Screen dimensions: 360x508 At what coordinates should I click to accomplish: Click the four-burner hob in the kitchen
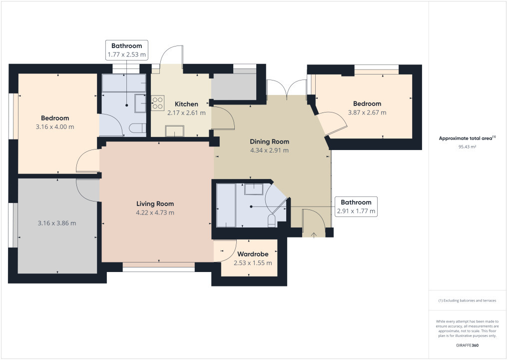click(x=158, y=102)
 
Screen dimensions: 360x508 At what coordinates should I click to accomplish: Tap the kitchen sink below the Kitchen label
click(x=174, y=130)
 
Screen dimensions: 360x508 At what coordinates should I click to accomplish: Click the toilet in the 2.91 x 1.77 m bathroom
click(x=272, y=220)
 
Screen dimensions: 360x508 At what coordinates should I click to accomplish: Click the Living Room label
click(x=155, y=203)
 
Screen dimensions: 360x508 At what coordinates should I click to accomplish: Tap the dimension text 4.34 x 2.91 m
click(x=269, y=150)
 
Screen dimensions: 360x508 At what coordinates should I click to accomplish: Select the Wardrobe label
click(x=253, y=254)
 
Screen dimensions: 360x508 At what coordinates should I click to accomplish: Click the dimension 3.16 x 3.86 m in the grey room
click(x=57, y=223)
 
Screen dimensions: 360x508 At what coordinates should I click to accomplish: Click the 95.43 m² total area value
click(x=467, y=147)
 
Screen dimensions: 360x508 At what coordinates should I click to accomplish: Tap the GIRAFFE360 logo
click(x=467, y=345)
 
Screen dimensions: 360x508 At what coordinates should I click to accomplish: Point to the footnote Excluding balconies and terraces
click(x=467, y=300)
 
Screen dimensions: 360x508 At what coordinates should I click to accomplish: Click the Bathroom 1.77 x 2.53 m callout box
click(x=126, y=50)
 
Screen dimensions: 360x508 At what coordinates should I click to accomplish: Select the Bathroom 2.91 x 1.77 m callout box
click(x=356, y=206)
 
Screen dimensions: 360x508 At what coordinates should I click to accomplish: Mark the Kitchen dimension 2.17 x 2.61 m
click(x=186, y=113)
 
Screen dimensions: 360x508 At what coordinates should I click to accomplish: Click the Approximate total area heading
click(x=467, y=138)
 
